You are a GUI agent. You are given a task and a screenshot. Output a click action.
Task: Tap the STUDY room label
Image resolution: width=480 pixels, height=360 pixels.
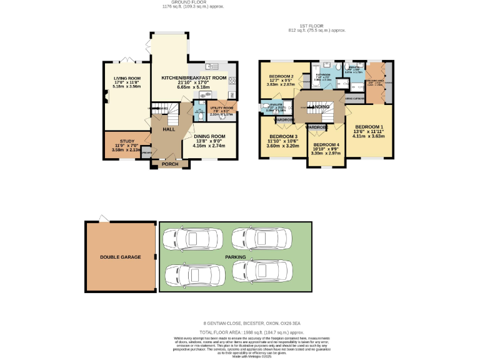pyautogui.click(x=119, y=141)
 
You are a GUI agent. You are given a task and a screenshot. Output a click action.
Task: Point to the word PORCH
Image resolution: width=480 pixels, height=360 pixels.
pyautogui.click(x=170, y=164)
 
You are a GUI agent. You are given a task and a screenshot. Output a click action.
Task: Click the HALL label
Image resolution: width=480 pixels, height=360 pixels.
pyautogui.click(x=169, y=129)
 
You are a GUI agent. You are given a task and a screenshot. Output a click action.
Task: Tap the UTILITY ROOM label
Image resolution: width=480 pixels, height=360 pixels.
pyautogui.click(x=222, y=108)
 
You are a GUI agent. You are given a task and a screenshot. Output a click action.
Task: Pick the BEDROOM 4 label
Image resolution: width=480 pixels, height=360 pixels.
pyautogui.click(x=326, y=145)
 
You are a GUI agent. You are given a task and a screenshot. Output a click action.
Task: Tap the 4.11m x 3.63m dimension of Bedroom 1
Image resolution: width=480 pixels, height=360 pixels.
pyautogui.click(x=368, y=136)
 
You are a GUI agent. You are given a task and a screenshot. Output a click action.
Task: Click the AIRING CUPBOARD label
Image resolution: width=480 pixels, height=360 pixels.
pyautogui.click(x=354, y=98)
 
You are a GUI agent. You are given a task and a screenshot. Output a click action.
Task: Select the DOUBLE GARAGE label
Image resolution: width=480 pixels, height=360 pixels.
pyautogui.click(x=121, y=257)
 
